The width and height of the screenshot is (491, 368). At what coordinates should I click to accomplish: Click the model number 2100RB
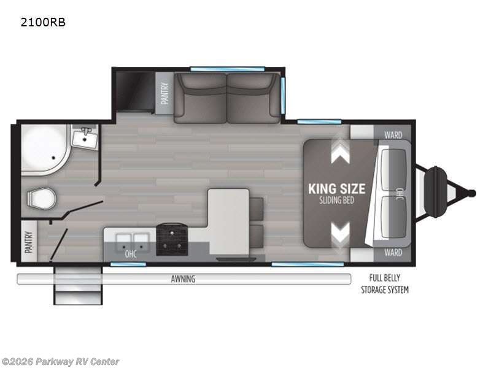pyautogui.click(x=43, y=22)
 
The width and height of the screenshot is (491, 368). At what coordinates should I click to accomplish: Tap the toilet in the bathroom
pyautogui.click(x=42, y=198)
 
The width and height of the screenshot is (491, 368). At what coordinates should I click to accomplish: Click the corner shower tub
pyautogui.click(x=44, y=149)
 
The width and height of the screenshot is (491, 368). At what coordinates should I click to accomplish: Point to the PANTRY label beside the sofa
pyautogui.click(x=164, y=93)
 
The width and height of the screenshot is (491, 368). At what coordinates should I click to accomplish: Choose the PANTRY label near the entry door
pyautogui.click(x=29, y=242)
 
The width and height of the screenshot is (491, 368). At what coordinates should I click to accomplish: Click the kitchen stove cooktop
pyautogui.click(x=172, y=240)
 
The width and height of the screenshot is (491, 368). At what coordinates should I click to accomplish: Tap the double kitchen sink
pyautogui.click(x=132, y=242)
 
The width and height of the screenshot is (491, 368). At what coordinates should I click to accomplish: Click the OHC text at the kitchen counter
pyautogui.click(x=131, y=254)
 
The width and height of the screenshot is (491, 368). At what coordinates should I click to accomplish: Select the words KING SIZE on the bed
pyautogui.click(x=336, y=189)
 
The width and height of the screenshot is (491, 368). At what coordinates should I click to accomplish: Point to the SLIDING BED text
pyautogui.click(x=336, y=201)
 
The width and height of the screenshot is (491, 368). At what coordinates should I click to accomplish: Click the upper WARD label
pyautogui.click(x=393, y=135)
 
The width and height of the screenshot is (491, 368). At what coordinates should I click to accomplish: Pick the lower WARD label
pyautogui.click(x=393, y=252)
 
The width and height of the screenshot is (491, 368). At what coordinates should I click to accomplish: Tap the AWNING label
pyautogui.click(x=183, y=278)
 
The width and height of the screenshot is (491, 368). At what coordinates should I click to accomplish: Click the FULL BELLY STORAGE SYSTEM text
pyautogui.click(x=385, y=284)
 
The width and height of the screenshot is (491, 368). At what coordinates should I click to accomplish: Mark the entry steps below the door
pyautogui.click(x=78, y=285)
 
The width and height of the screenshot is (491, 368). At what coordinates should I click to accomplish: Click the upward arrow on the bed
pyautogui.click(x=341, y=151)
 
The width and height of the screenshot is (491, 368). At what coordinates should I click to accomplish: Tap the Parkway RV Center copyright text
pyautogui.click(x=60, y=362)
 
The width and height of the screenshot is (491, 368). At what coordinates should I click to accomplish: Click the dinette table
pyautogui.click(x=229, y=221)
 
